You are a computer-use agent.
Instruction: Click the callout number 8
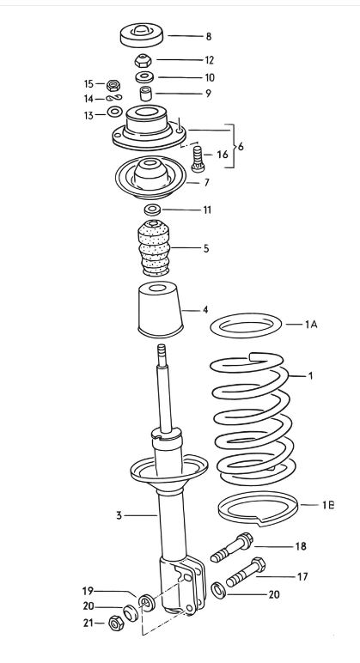pos(209,37)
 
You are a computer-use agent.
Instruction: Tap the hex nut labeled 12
pos(143,61)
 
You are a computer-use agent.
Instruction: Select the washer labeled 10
pos(144,77)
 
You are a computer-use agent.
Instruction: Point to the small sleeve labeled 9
pos(146,94)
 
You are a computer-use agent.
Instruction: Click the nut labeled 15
pos(113,85)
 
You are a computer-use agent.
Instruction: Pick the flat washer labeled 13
pos(115,112)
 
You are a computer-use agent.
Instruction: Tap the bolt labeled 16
pos(198,159)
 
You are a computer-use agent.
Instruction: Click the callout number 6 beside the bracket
pos(241,147)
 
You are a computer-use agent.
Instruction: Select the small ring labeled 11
pos(152,210)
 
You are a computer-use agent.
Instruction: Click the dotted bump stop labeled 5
pos(154,247)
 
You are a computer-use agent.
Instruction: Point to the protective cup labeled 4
pos(161,310)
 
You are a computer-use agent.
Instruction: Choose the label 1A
pos(311,325)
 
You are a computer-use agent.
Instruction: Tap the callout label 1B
pos(328,505)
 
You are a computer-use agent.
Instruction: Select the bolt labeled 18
pos(232,548)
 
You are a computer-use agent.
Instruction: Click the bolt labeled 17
pos(246,572)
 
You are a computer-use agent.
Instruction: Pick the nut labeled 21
pos(116,623)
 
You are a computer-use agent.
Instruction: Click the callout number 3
pos(119,515)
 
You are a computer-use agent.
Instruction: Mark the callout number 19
pos(88,591)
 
